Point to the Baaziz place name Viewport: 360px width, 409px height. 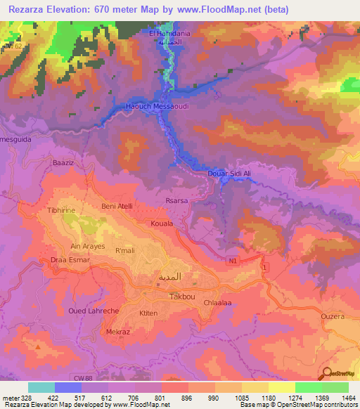(x=63, y=162)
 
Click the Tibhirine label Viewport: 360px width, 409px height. (x=60, y=210)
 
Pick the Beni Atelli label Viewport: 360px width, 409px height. (x=117, y=206)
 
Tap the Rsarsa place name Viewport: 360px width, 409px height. (x=176, y=200)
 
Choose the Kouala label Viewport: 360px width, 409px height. (x=162, y=223)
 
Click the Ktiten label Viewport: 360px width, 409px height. (x=148, y=313)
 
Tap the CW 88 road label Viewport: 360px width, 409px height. (x=90, y=379)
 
